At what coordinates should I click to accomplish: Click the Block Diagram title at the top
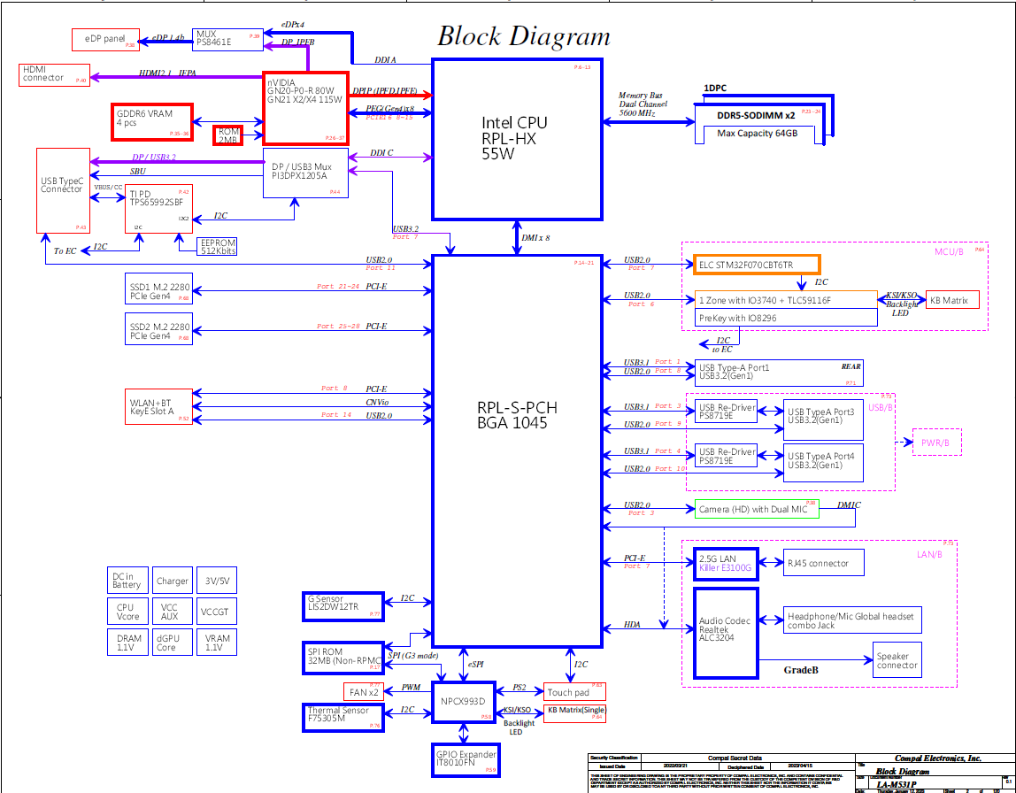(x=524, y=36)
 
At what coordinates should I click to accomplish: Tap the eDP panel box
(x=105, y=39)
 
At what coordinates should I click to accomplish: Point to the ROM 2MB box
(x=227, y=135)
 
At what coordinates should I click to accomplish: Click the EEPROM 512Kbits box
(x=206, y=245)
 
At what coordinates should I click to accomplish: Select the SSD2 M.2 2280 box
(x=158, y=332)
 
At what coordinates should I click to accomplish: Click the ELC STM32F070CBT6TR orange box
(x=757, y=265)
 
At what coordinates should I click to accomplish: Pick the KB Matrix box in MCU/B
(x=952, y=300)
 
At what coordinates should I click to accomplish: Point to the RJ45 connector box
(x=823, y=563)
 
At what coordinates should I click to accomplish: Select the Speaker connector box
(x=897, y=661)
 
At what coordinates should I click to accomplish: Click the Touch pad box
(x=573, y=692)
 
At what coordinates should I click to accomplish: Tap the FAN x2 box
(x=362, y=691)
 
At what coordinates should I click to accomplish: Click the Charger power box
(x=172, y=581)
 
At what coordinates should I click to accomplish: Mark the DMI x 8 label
(x=535, y=238)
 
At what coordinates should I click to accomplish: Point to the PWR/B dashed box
(x=936, y=442)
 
